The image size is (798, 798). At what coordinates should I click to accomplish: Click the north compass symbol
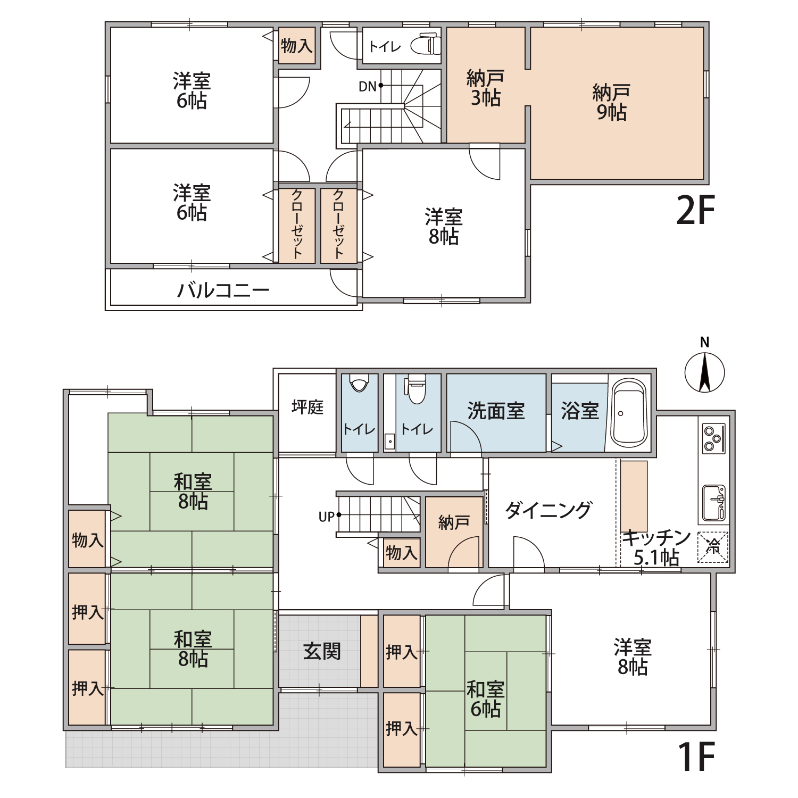704,372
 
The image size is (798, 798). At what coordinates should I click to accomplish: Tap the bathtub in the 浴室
629,413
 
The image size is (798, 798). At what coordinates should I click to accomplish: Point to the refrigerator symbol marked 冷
713,547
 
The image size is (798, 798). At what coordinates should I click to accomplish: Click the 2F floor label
695,211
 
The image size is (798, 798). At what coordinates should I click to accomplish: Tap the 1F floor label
696,757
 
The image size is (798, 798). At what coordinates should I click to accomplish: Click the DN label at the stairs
367,86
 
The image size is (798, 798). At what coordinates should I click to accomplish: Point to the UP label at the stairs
326,517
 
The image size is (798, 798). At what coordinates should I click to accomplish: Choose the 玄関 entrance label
322,651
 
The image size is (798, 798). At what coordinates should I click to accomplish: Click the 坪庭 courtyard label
307,408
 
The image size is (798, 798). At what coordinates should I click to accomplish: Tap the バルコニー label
223,290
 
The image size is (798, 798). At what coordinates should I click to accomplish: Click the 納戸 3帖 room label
485,88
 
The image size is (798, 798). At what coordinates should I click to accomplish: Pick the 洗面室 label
496,411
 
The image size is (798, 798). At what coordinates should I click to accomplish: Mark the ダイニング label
548,510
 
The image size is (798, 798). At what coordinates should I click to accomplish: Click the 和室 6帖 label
485,699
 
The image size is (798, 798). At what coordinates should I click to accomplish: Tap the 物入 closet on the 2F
296,46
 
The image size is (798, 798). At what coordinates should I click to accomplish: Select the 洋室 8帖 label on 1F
633,657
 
